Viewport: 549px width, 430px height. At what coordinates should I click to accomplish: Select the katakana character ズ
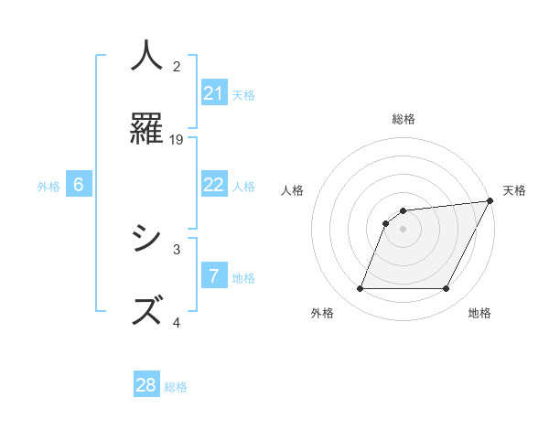coord(146,309)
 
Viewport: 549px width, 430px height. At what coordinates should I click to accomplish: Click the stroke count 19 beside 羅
coord(177,139)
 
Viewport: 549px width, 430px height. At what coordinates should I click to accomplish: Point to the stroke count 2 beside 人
coord(177,66)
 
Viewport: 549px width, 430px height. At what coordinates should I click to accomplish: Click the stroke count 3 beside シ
coord(177,248)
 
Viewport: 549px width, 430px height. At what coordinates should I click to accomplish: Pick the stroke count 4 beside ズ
coord(177,322)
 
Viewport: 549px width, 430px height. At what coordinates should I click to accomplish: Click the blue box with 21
coord(214,93)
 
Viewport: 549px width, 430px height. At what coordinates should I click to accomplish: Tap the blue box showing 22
coord(214,185)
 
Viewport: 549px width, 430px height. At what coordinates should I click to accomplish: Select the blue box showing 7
coord(214,275)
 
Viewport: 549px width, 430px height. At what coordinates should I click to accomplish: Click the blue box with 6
coord(79,185)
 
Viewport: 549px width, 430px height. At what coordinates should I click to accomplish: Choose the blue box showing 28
coord(146,385)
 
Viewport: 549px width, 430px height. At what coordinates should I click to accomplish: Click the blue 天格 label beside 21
coord(243,94)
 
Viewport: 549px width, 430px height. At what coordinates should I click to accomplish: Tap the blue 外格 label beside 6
coord(48,186)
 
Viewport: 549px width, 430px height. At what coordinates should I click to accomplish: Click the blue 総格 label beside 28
coord(176,386)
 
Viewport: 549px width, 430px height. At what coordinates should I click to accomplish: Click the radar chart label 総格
coord(404,119)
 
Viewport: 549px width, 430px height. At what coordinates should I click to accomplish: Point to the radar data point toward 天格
coord(491,201)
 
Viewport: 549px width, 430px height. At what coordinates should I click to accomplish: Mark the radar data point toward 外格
coord(361,289)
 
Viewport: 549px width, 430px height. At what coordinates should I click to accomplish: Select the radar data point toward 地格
coord(447,289)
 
